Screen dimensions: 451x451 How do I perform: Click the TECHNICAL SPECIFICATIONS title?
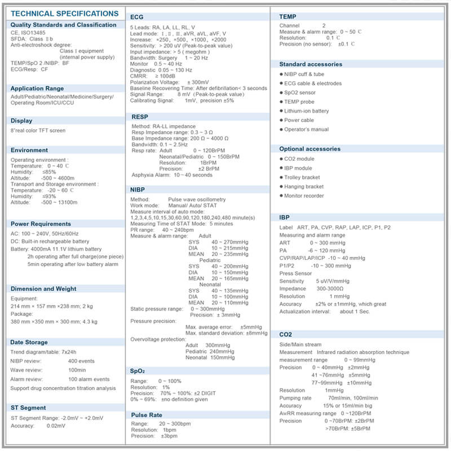(x=64, y=13)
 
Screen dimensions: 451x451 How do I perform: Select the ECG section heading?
(x=137, y=17)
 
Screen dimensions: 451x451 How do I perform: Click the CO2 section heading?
(x=286, y=334)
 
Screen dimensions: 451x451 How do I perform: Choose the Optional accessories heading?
(x=310, y=149)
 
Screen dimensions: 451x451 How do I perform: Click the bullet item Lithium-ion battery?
(x=306, y=111)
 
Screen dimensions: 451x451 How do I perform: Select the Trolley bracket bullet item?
(x=302, y=177)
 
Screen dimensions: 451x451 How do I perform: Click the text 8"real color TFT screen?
(x=38, y=131)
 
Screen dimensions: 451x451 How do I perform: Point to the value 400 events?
(x=81, y=361)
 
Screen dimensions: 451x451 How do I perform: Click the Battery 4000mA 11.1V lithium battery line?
(x=56, y=249)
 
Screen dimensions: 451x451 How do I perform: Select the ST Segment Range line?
(x=57, y=418)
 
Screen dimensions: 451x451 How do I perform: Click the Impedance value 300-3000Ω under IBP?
(x=332, y=289)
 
